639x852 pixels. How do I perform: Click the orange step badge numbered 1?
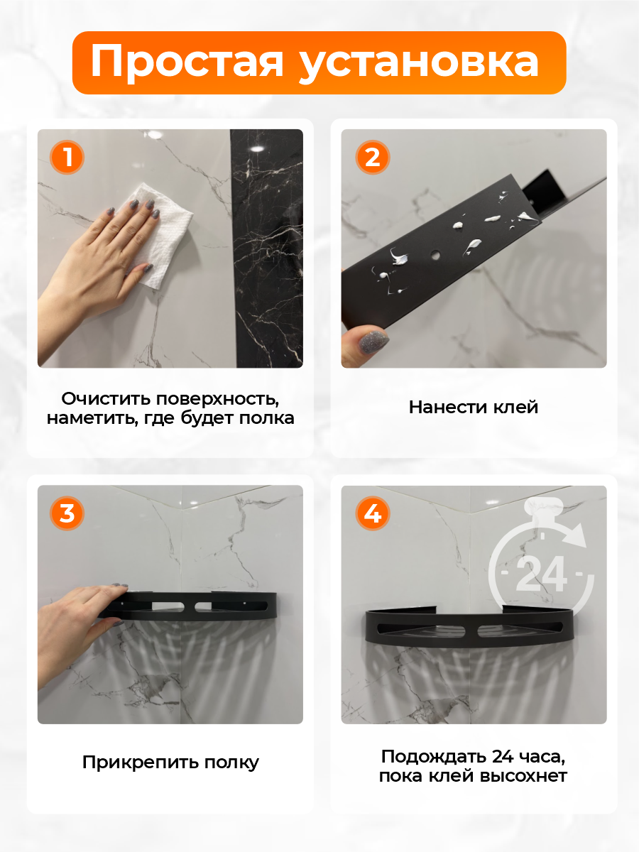point(67,156)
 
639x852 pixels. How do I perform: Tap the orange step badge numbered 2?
point(372,156)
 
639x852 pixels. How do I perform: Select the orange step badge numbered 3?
point(67,513)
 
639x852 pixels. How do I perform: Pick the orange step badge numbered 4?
point(372,513)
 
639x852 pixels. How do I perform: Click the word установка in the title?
point(419,62)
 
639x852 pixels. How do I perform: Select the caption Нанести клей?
point(474,407)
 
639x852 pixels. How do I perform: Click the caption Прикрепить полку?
point(170,763)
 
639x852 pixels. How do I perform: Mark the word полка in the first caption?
point(266,417)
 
